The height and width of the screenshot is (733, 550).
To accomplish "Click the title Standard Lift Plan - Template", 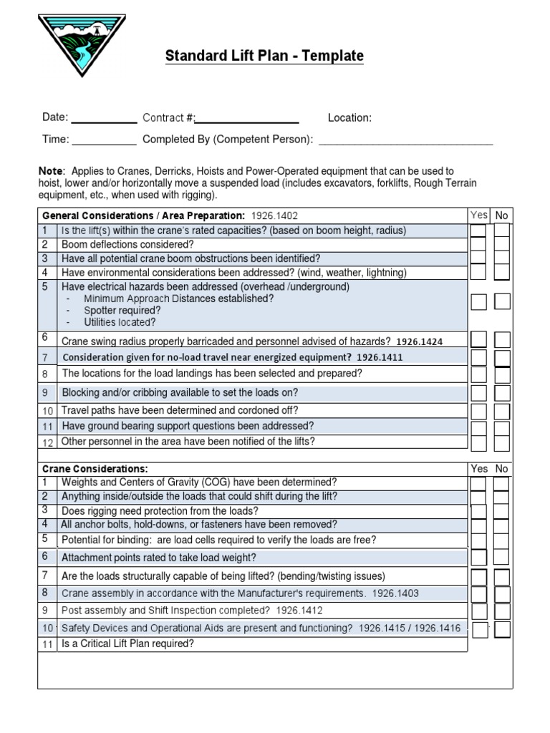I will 264,56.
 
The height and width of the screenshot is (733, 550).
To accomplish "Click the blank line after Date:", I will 103,119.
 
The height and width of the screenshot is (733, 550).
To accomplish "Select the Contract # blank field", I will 248,119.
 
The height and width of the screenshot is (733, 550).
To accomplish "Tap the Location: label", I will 349,118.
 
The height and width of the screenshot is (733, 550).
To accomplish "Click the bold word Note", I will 50,172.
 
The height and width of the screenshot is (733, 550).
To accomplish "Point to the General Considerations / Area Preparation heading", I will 143,215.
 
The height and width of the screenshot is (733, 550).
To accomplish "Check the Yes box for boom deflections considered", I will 478,244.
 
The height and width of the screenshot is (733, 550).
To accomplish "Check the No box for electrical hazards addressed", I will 502,301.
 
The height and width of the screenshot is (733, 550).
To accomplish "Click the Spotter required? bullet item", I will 122,311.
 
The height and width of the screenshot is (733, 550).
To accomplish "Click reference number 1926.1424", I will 419,342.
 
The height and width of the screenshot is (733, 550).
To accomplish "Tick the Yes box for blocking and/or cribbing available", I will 478,393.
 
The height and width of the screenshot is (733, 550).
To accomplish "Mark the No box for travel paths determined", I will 502,411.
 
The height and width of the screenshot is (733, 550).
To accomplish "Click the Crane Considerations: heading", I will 95,469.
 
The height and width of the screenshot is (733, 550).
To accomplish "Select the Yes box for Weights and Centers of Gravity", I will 478,484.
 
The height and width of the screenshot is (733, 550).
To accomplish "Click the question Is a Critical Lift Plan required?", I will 127,644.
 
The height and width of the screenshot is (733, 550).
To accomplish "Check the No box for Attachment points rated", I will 502,558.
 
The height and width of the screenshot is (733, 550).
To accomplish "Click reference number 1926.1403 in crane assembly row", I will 395,593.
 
